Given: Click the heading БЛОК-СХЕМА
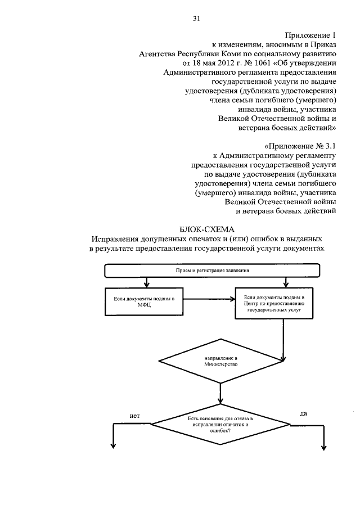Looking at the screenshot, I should (x=207, y=229).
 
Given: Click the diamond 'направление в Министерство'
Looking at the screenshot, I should (x=221, y=362).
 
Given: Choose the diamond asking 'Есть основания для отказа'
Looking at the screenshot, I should (x=221, y=426).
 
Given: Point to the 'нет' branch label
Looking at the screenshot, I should (x=134, y=416).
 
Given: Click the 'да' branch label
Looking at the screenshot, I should (x=303, y=413).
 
